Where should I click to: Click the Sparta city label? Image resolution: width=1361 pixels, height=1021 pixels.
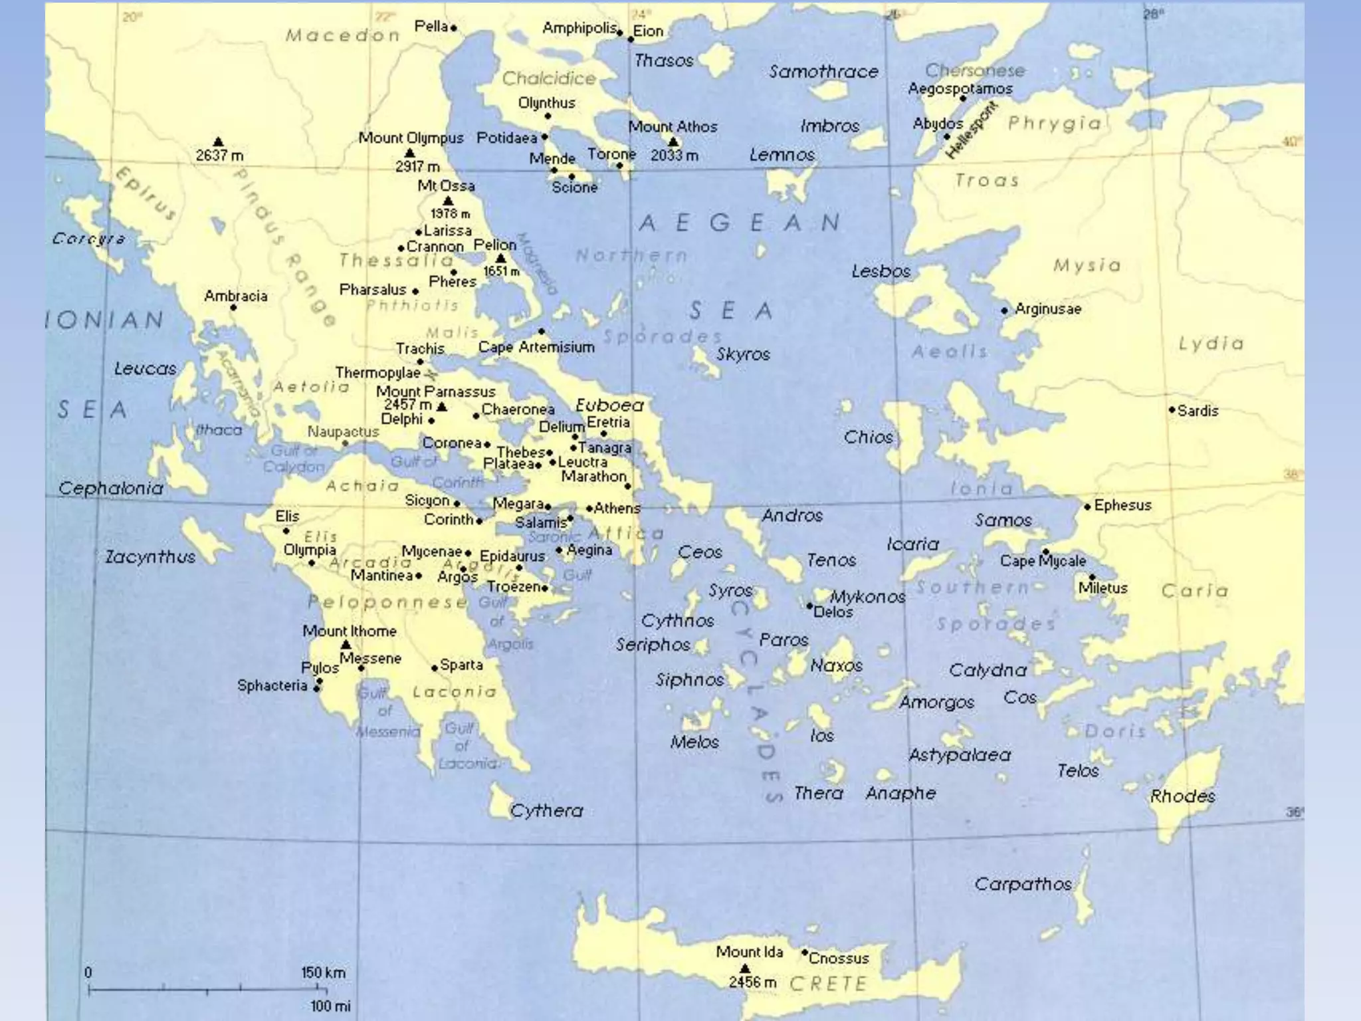click(462, 665)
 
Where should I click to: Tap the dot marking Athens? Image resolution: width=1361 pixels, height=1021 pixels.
click(589, 509)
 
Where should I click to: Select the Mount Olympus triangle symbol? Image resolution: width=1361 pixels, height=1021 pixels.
click(410, 154)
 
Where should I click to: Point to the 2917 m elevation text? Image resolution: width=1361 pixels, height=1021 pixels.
click(417, 166)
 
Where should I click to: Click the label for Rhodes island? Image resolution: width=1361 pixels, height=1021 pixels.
click(1182, 796)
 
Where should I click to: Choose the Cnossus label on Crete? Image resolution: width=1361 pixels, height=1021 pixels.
click(839, 958)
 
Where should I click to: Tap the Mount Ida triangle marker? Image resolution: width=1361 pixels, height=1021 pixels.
click(745, 968)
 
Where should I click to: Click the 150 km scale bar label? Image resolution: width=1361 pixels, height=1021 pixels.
click(323, 972)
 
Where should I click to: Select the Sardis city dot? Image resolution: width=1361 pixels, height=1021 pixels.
click(1172, 410)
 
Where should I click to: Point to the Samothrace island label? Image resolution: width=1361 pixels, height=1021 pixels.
click(823, 72)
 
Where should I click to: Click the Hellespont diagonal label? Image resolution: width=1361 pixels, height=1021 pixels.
click(971, 130)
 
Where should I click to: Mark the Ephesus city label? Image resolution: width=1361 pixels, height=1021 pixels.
click(1122, 505)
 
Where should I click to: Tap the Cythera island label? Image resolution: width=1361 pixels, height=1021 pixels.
click(546, 810)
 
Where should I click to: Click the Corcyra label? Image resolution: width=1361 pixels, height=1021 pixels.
click(88, 238)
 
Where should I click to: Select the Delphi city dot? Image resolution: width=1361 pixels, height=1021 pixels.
click(431, 421)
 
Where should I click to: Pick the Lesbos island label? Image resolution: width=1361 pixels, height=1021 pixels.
click(881, 271)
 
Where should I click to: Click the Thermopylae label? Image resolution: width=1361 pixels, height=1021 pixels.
click(377, 373)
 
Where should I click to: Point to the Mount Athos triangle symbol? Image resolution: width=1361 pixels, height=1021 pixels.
click(673, 142)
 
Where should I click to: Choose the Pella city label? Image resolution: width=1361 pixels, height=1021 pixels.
click(431, 27)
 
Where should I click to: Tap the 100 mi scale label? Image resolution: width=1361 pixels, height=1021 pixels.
click(330, 1006)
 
